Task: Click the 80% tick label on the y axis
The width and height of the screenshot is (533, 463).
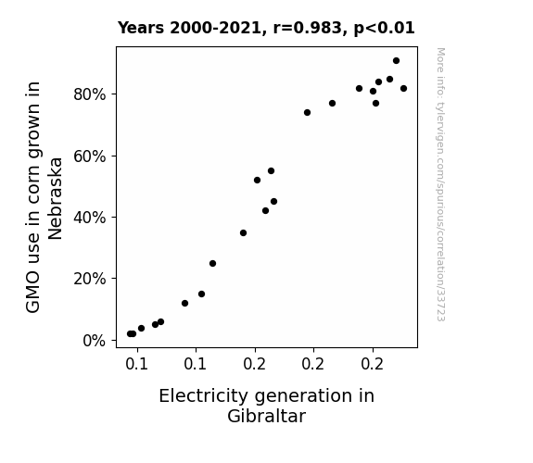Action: [89, 94]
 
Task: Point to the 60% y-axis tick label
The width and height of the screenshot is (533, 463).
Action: [89, 156]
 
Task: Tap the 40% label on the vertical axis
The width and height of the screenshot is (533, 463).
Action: [89, 218]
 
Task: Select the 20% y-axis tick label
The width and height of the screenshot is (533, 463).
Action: [89, 279]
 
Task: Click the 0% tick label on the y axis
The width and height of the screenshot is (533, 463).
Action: [95, 341]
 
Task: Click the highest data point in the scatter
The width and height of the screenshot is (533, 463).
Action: [396, 61]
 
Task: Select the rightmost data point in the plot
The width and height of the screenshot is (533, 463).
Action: [403, 88]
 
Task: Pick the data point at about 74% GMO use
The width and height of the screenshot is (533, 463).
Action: [307, 112]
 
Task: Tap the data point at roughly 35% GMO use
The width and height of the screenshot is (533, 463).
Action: [243, 232]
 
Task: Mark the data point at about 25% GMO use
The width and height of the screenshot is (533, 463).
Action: [212, 263]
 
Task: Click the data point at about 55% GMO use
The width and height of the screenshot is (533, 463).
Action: [271, 171]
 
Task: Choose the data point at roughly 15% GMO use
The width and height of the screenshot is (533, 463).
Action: [201, 294]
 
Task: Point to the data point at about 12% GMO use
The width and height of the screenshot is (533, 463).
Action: [184, 303]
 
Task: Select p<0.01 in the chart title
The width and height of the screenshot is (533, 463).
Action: [384, 29]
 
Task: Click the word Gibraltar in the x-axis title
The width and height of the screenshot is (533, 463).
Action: [267, 416]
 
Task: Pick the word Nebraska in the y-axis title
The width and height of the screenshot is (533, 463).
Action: [55, 199]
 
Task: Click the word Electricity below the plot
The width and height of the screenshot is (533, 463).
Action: [204, 396]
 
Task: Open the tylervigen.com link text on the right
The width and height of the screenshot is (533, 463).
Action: [440, 184]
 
